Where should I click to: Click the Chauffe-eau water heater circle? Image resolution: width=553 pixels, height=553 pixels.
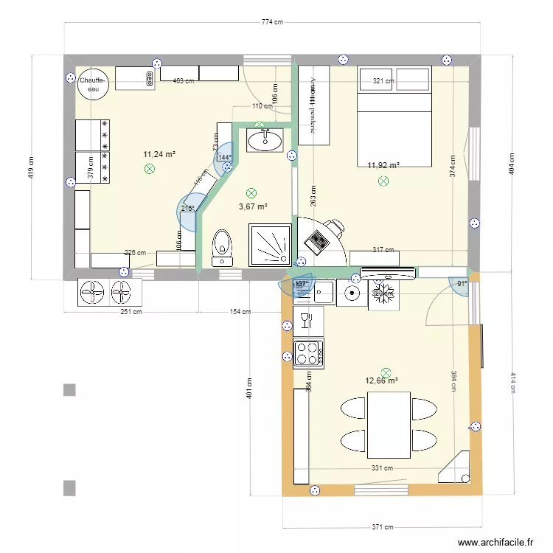pos(94,83)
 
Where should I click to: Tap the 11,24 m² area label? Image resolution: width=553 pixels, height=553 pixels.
pos(158,154)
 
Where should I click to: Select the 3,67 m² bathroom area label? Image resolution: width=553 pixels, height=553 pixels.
pos(253,207)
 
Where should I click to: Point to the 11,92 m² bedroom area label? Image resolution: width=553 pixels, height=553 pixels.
pos(383,166)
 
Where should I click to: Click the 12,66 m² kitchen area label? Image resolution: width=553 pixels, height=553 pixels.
pos(382,381)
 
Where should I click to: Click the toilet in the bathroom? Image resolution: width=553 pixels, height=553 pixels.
pos(220,247)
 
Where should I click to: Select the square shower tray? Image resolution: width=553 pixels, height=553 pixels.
pos(262,244)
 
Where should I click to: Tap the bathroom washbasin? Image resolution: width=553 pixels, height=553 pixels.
pos(265,139)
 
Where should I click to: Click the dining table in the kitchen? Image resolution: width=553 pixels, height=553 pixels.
pos(389,425)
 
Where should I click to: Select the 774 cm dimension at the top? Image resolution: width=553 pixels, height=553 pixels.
pos(272,22)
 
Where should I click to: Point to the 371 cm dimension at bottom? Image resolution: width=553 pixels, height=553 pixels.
pos(382,527)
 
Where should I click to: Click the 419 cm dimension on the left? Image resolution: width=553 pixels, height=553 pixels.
pos(30,167)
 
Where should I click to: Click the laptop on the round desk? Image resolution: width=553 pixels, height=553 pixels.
pos(318,240)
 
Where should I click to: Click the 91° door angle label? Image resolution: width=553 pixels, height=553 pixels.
pos(462,283)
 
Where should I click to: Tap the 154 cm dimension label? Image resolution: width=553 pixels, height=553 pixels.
pos(240,312)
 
